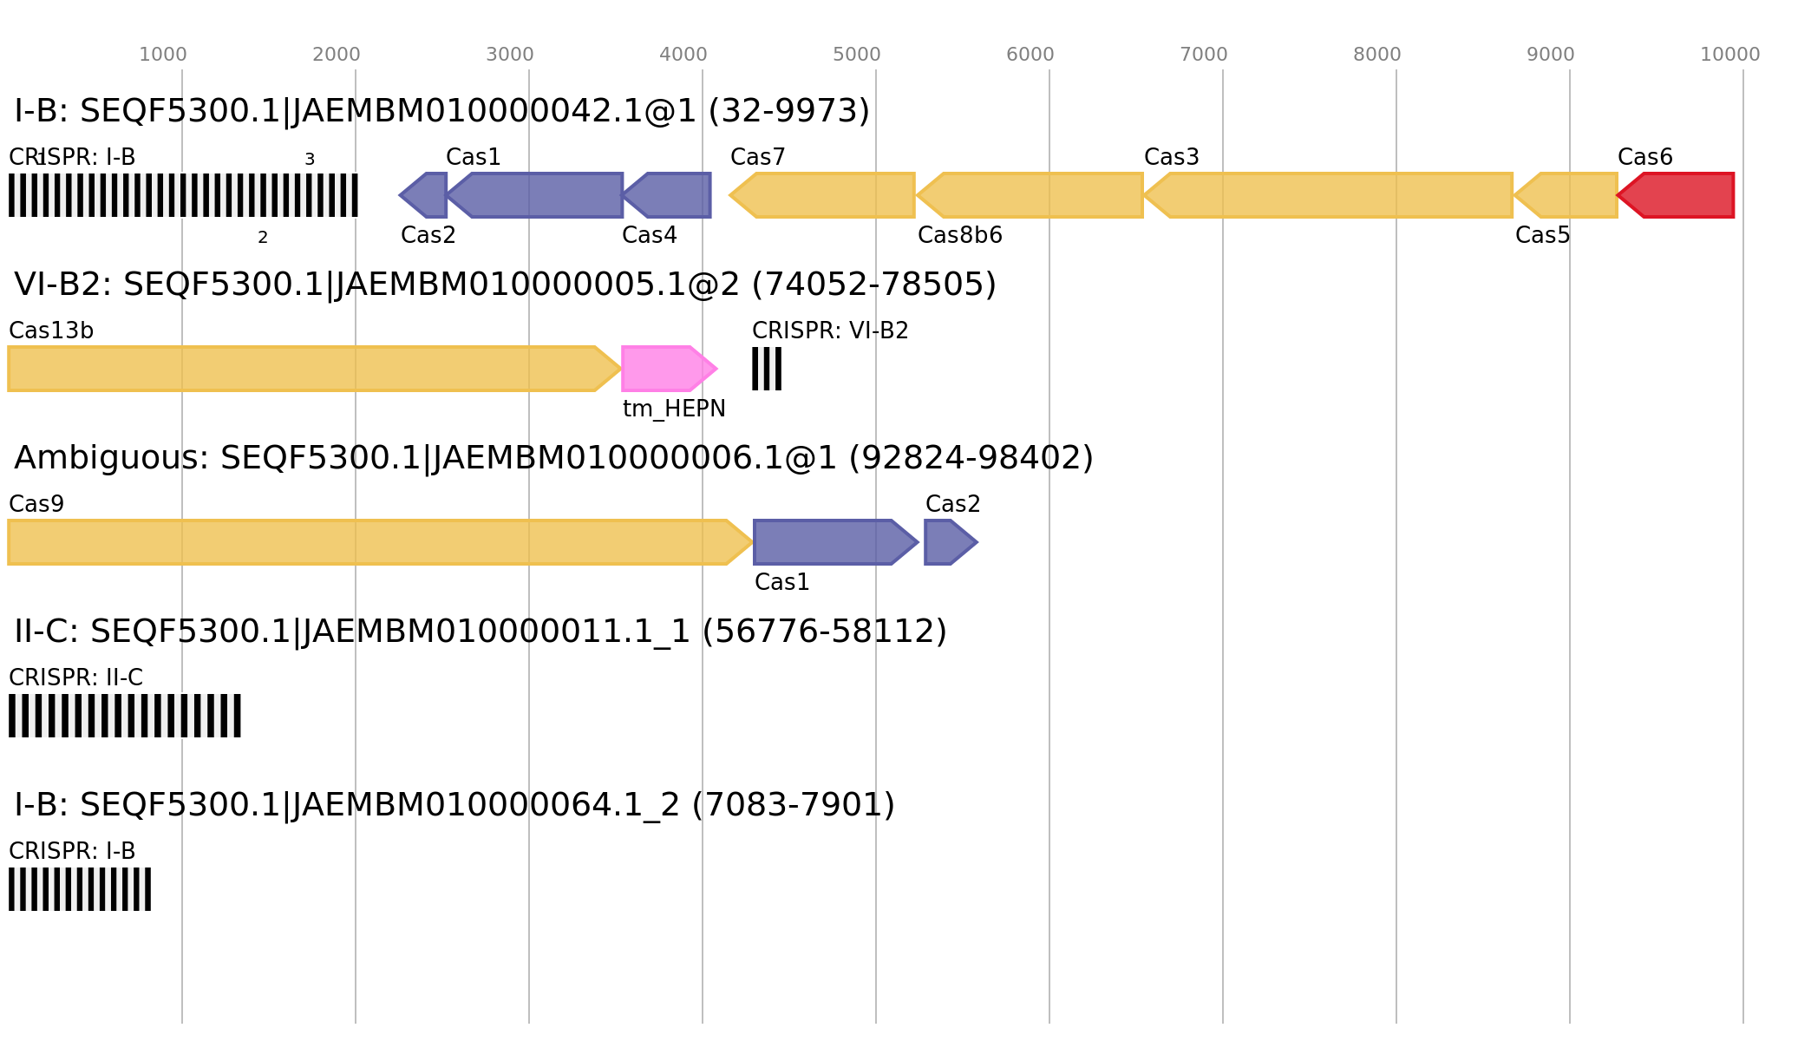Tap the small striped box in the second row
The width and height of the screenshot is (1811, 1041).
tap(767, 369)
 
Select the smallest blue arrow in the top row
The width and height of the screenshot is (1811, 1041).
tap(425, 195)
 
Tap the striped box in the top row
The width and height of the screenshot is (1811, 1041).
tap(183, 195)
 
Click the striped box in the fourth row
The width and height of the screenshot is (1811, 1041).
tap(125, 716)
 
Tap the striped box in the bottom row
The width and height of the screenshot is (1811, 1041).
tap(80, 889)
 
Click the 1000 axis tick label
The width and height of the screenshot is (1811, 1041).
tap(163, 55)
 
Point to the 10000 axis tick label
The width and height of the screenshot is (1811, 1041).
tap(1729, 55)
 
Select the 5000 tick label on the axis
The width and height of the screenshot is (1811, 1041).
tap(857, 55)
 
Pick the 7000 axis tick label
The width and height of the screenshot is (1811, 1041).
tap(1204, 55)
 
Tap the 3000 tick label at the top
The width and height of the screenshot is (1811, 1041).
tap(510, 55)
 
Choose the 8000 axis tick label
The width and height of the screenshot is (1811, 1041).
tap(1377, 55)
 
